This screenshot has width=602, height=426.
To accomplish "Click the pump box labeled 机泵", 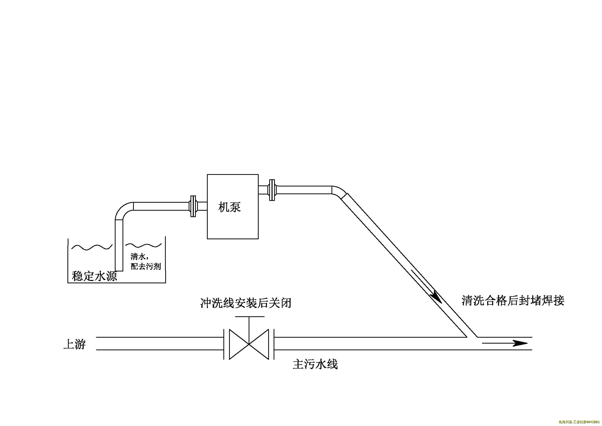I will (x=233, y=207).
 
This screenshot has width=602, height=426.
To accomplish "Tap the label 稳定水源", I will (x=94, y=276).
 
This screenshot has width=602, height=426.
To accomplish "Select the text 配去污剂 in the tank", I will (x=146, y=267).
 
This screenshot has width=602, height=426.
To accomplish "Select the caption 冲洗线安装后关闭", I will (x=246, y=303).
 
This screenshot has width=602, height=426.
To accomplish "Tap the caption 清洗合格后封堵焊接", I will (x=513, y=301).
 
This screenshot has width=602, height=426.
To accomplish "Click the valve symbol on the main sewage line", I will (x=249, y=344).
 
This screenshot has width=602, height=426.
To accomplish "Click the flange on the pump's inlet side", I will (x=193, y=206).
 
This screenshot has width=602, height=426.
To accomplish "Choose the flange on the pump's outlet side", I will (x=272, y=190).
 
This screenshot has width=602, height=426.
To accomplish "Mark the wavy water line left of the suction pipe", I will (x=92, y=247).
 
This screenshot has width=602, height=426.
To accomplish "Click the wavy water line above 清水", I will (x=143, y=245).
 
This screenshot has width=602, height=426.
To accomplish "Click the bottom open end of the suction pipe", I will (x=119, y=270).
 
